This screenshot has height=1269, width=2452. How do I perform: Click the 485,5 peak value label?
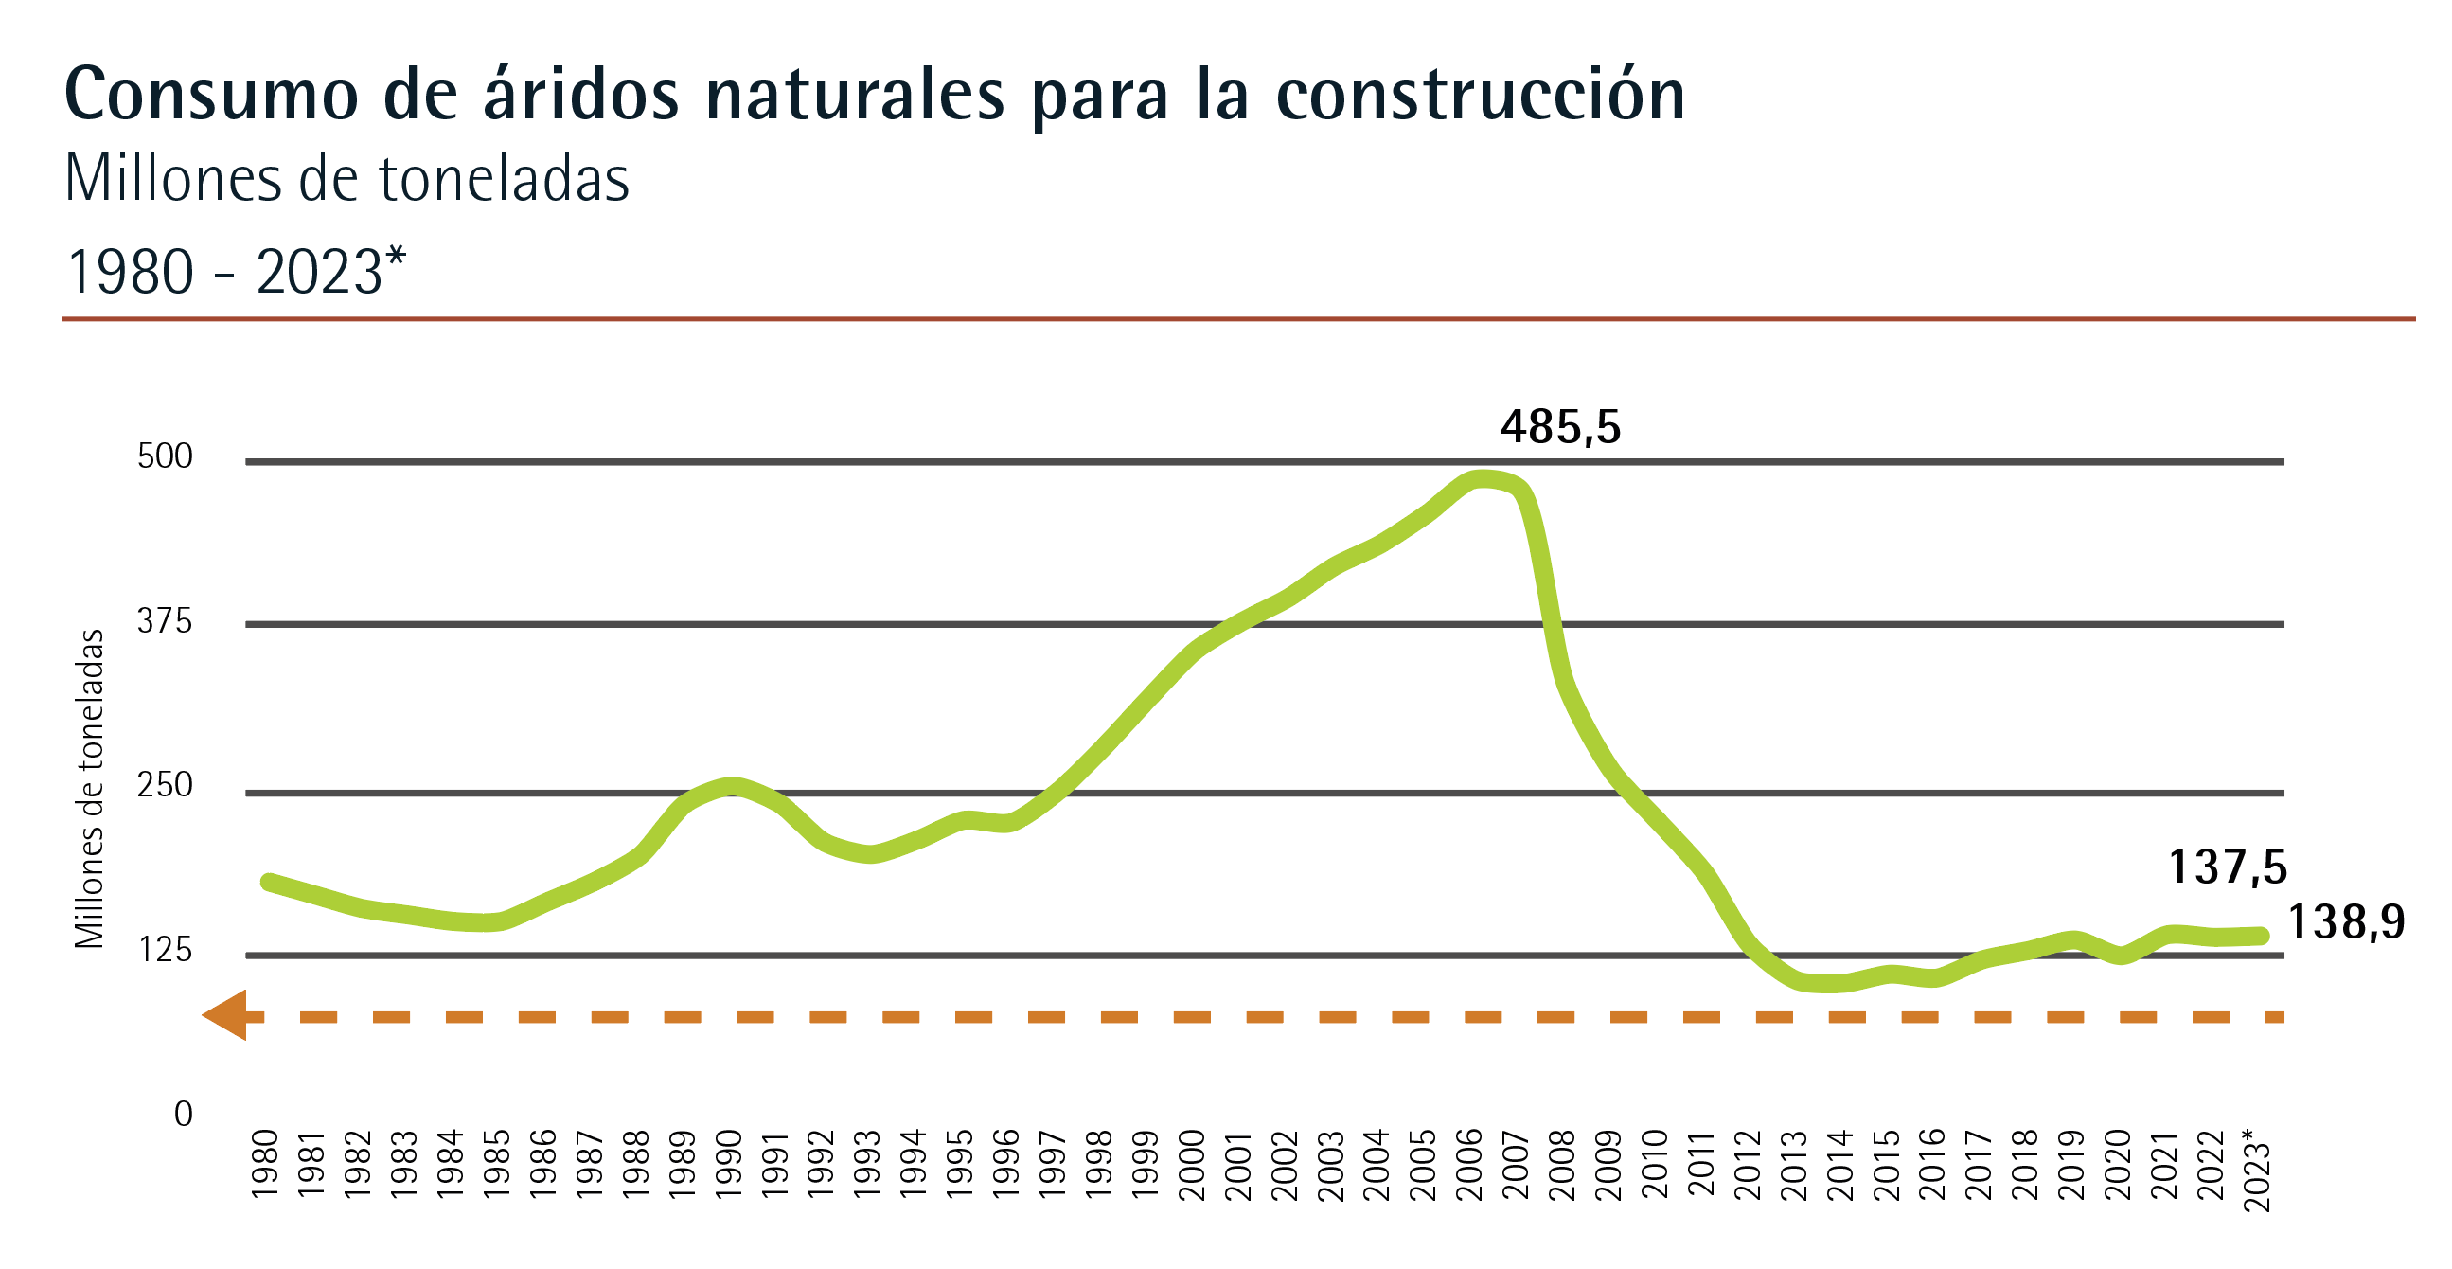[x=1559, y=426]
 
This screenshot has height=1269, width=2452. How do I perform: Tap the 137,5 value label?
[x=2227, y=867]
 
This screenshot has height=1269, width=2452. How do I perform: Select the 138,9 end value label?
[x=2345, y=921]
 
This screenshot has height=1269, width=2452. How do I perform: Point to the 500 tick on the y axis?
[x=165, y=456]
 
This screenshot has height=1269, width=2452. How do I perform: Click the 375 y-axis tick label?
[x=165, y=621]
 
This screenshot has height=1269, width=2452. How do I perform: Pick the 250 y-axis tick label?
[x=165, y=785]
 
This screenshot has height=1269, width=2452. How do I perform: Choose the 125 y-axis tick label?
[x=165, y=950]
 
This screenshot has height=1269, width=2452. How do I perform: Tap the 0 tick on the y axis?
[x=183, y=1114]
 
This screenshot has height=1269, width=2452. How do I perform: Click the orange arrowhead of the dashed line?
[x=224, y=1015]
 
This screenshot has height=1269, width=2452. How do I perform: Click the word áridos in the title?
[x=580, y=96]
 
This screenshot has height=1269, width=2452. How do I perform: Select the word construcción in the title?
[x=1480, y=96]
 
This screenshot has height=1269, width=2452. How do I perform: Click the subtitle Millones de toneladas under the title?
[x=346, y=179]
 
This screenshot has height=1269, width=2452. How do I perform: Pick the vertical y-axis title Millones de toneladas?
[x=90, y=788]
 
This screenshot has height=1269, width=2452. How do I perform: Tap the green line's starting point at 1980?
[x=270, y=882]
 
